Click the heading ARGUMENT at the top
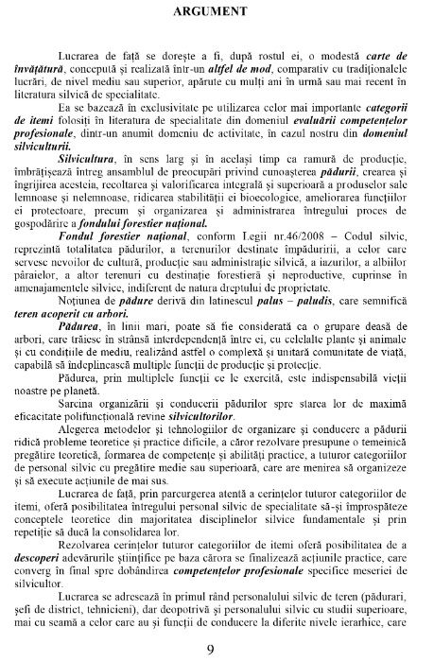pyautogui.click(x=217, y=12)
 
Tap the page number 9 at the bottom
pyautogui.click(x=217, y=648)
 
